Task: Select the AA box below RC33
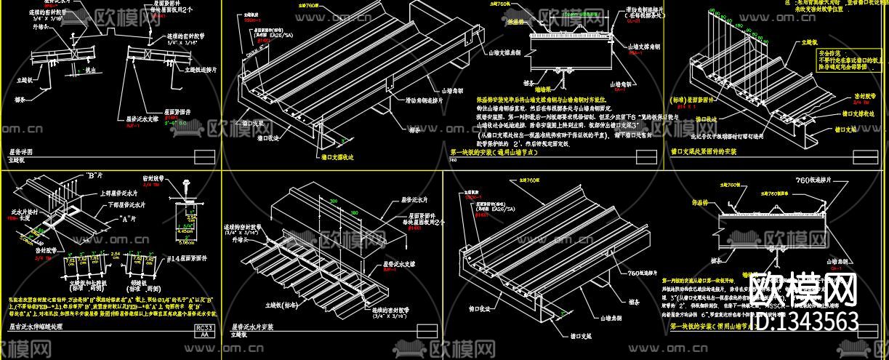[x=206, y=336]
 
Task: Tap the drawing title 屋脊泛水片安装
[x=254, y=328]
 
